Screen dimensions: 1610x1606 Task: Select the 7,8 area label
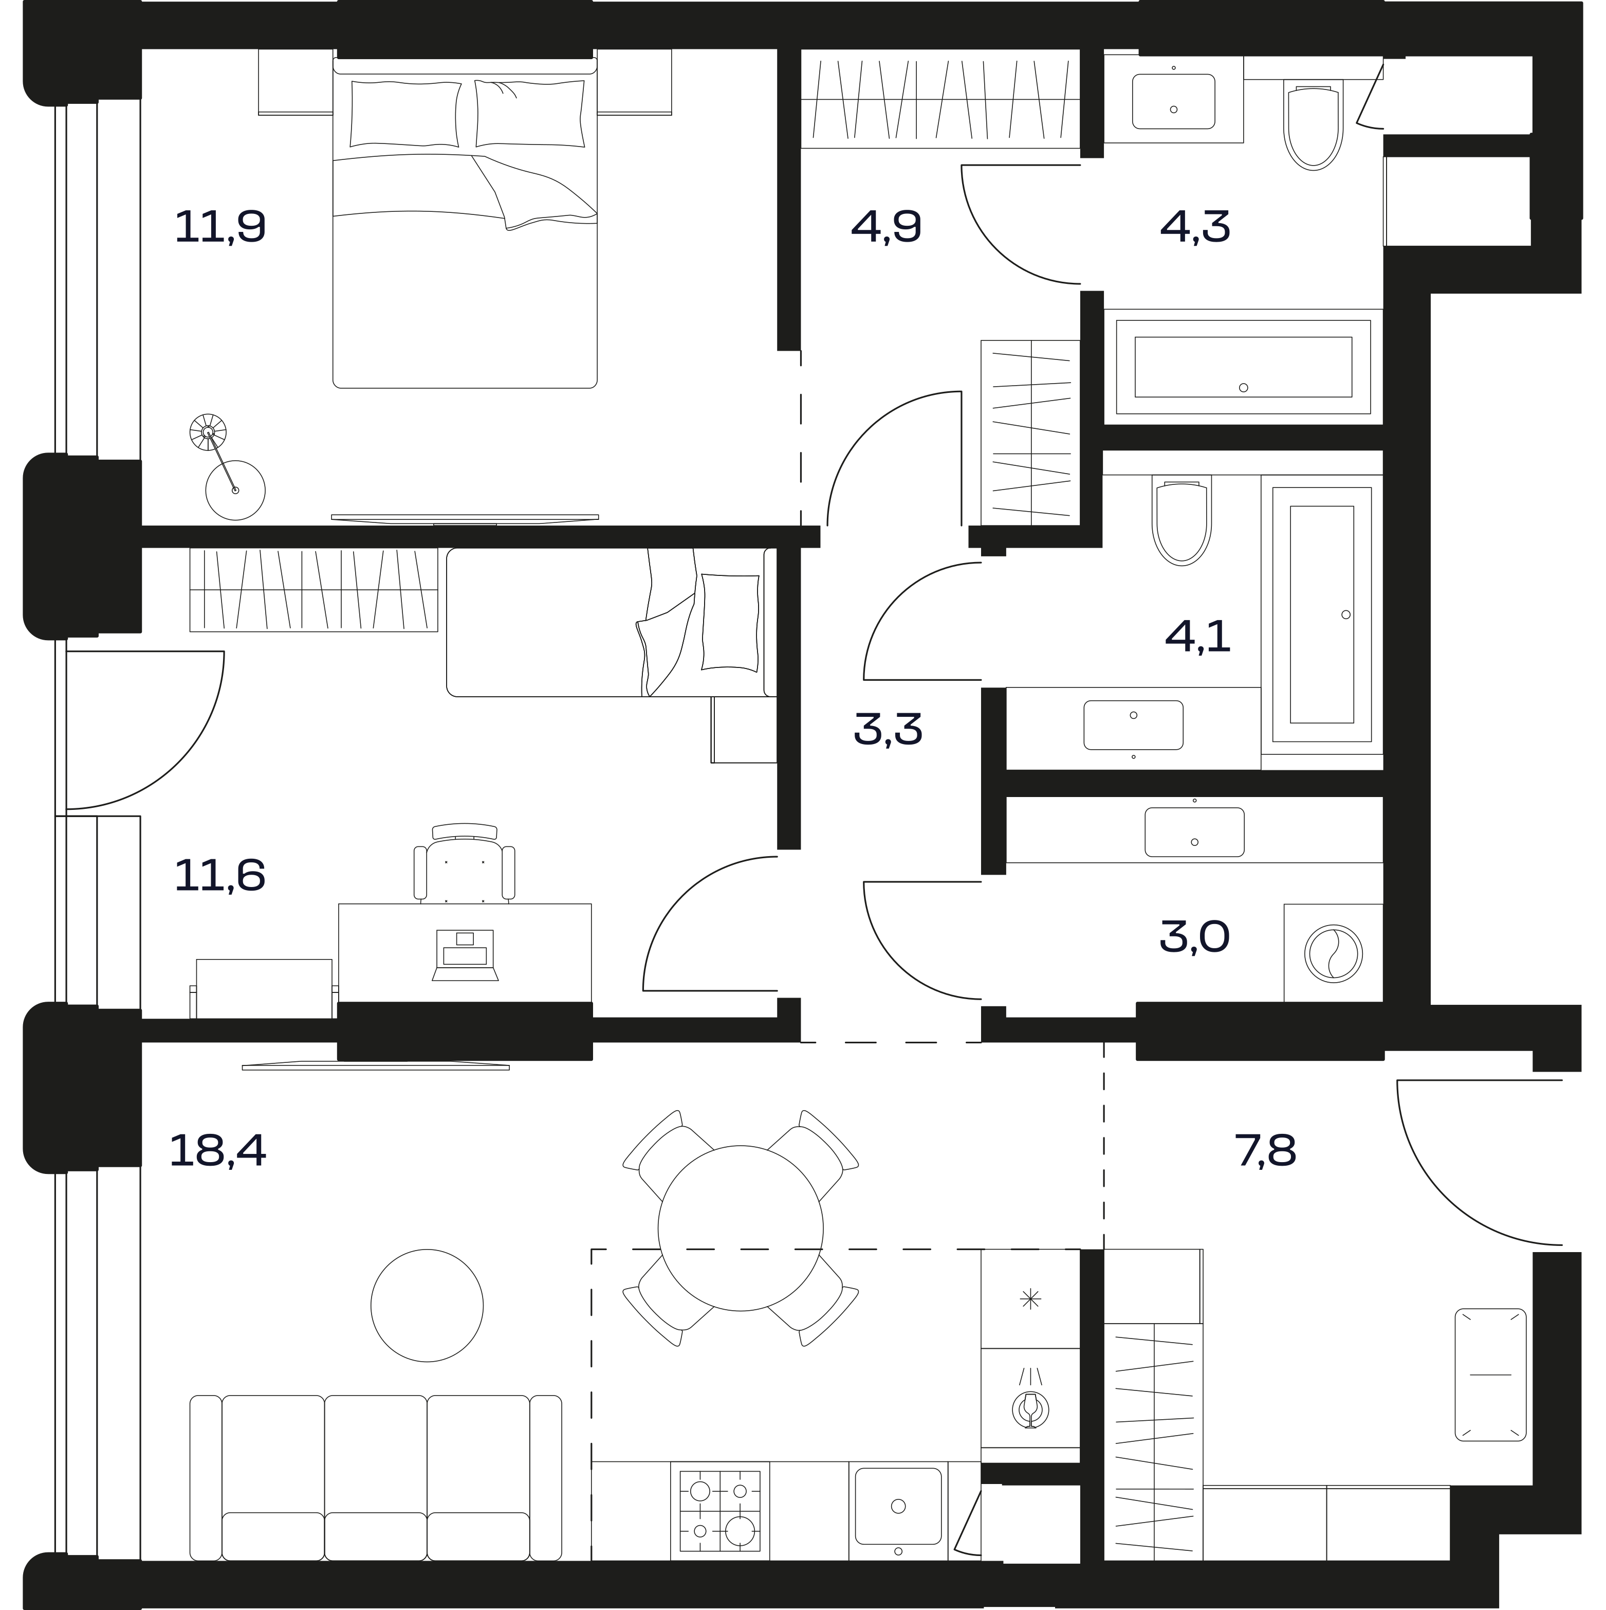[1265, 1151]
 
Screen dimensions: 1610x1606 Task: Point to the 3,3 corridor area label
[888, 728]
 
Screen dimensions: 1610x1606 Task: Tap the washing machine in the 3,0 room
[1333, 952]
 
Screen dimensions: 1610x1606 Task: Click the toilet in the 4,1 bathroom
[1182, 521]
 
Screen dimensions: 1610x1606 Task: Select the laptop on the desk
[465, 954]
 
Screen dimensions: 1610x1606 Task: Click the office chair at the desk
[464, 863]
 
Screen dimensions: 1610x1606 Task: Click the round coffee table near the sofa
[427, 1305]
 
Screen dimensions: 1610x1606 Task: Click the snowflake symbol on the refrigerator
[1030, 1298]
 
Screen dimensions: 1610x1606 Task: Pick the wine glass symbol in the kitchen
[1030, 1408]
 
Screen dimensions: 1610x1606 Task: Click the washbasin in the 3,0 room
[1194, 831]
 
